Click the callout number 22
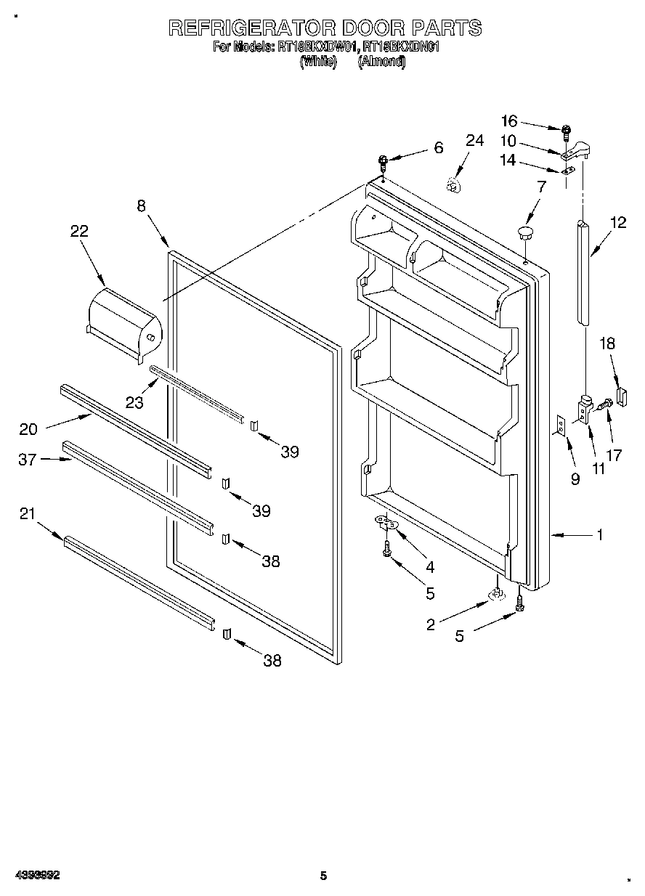tap(79, 231)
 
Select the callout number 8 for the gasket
tap(142, 205)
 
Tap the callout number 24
tap(474, 140)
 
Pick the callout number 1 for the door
tap(599, 535)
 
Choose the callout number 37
tap(27, 459)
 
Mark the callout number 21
tap(27, 513)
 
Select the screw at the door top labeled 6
tap(382, 161)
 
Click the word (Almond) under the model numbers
tap(381, 62)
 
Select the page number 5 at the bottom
tap(324, 876)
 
